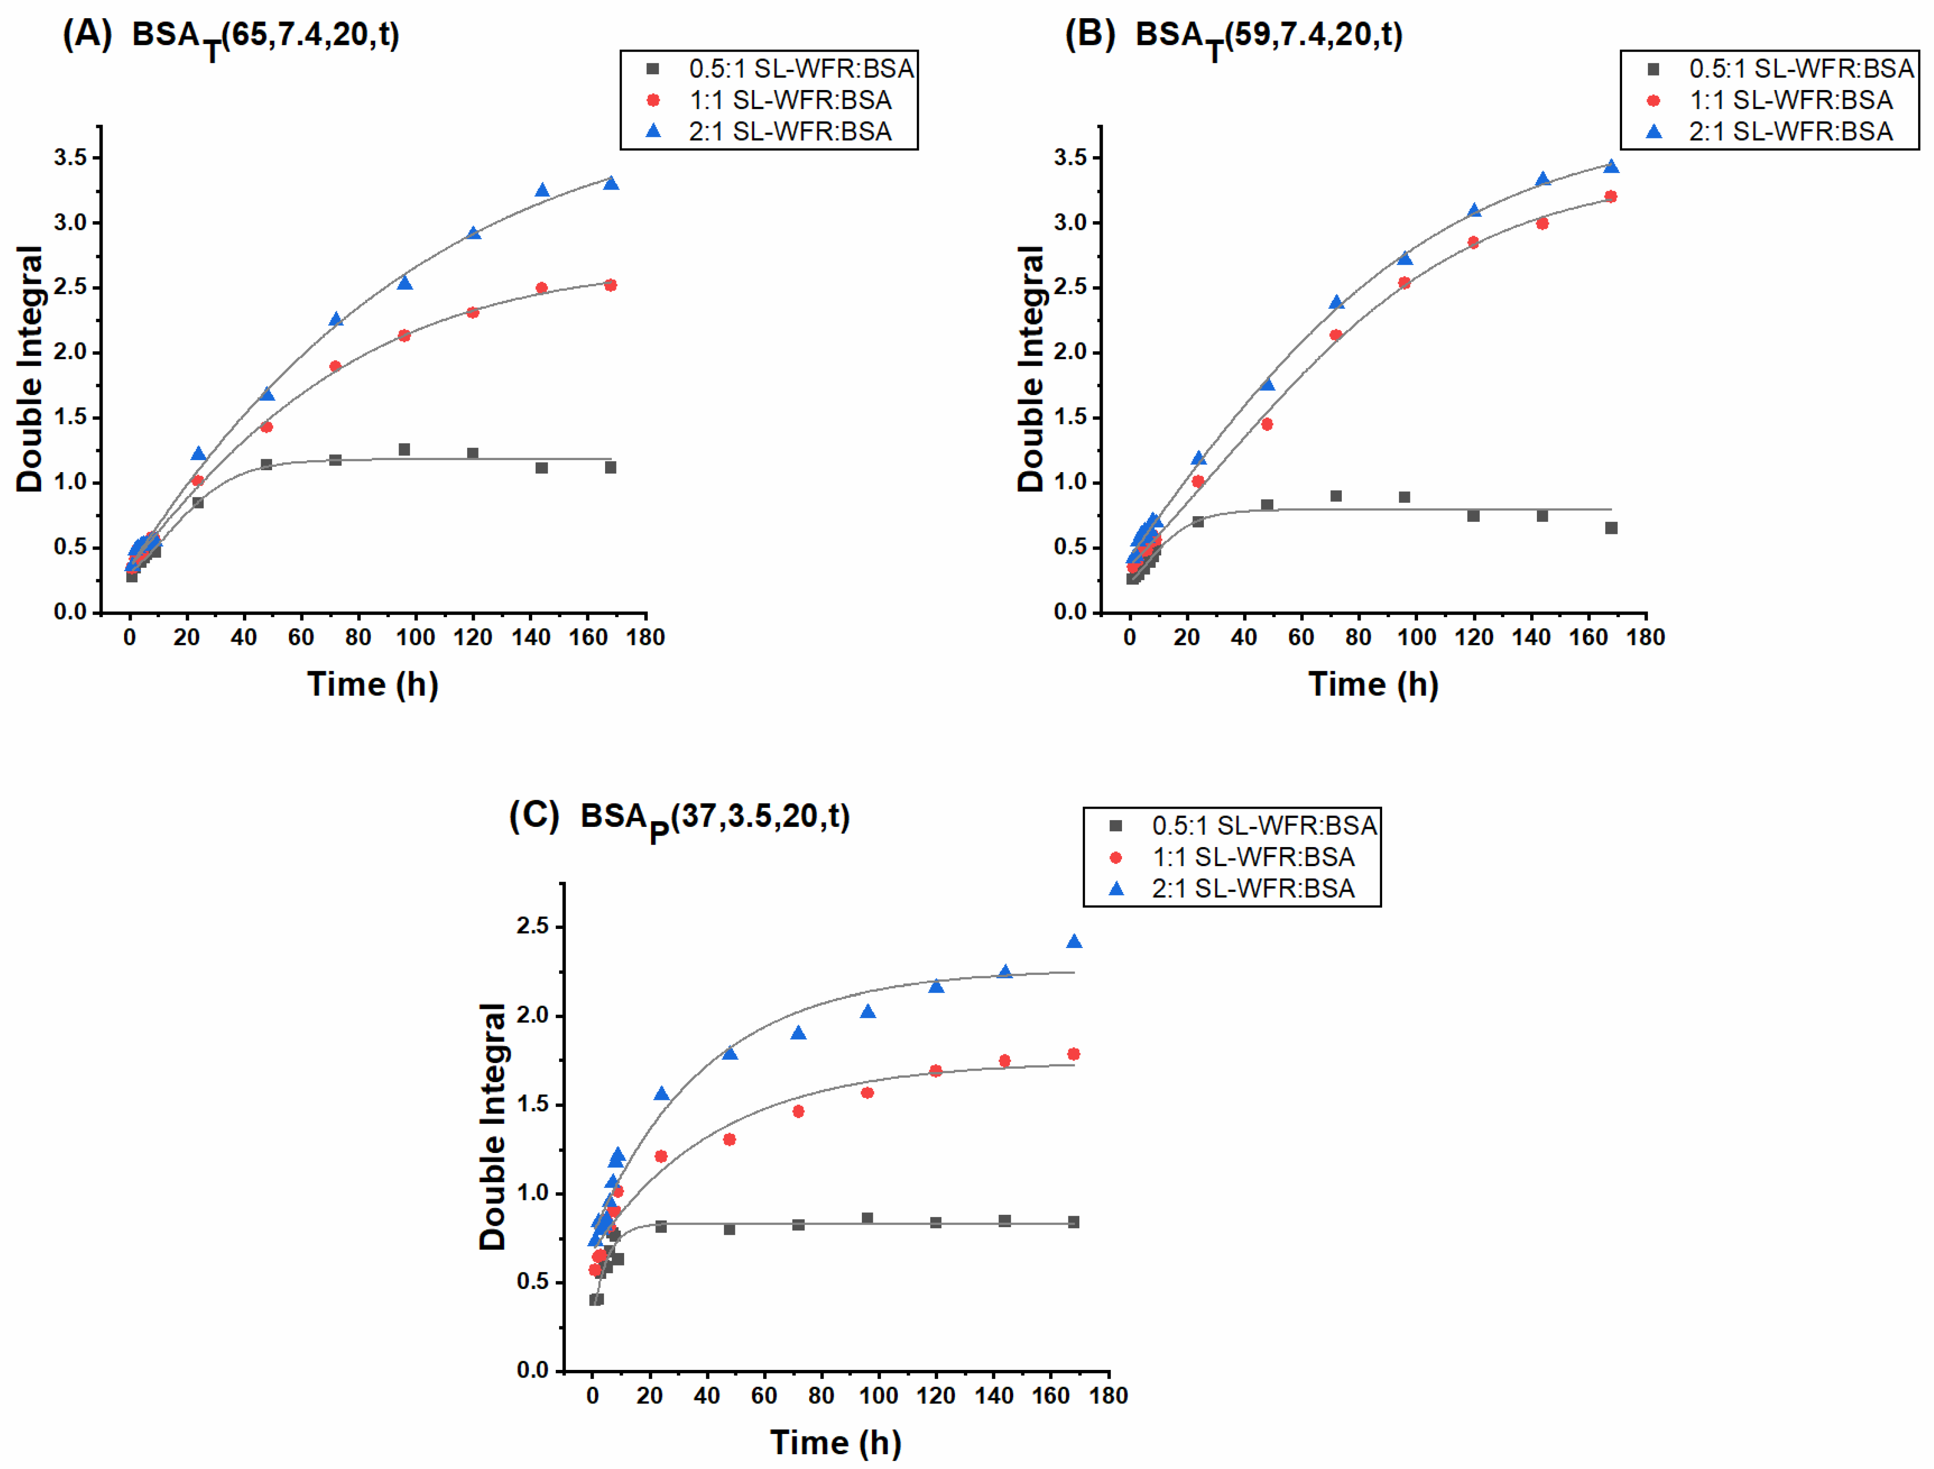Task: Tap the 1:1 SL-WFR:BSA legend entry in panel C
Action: click(1233, 858)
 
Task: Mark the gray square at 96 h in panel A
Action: click(404, 450)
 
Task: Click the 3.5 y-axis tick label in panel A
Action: click(70, 158)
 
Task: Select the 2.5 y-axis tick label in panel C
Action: click(533, 926)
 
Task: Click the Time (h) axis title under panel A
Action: click(373, 685)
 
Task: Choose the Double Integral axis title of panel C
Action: click(492, 1126)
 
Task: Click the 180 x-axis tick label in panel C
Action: click(1108, 1396)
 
